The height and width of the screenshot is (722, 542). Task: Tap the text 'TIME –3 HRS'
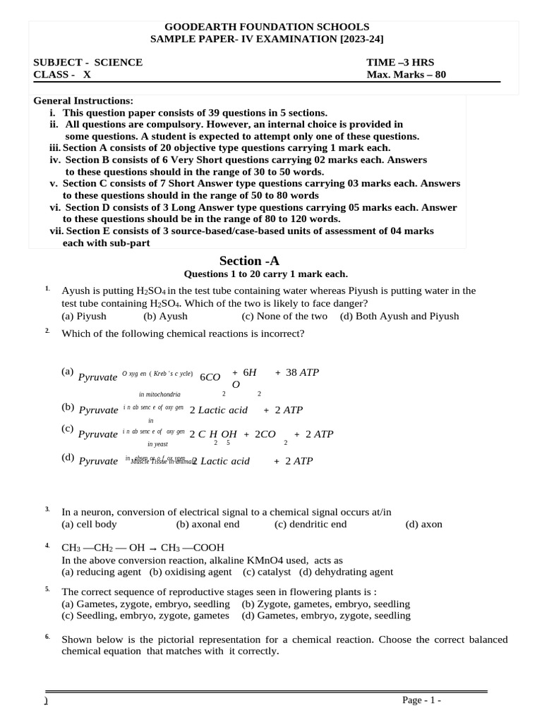[x=399, y=62]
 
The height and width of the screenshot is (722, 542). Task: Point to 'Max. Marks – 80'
[x=406, y=75]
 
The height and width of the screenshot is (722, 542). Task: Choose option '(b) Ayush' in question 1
[x=165, y=316]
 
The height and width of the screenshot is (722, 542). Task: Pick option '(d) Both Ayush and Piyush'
[x=399, y=316]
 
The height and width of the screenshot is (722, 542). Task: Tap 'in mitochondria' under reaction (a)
[x=159, y=395]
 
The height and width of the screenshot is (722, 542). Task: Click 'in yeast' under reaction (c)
[x=157, y=444]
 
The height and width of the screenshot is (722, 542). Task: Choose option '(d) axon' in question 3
[x=423, y=524]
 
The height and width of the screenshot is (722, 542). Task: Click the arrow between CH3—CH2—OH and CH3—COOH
[x=154, y=547]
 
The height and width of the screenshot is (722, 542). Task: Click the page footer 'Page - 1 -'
[x=421, y=700]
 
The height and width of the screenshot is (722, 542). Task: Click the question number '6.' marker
[x=47, y=637]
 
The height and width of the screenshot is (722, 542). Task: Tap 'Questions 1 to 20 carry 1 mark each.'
[x=265, y=274]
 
